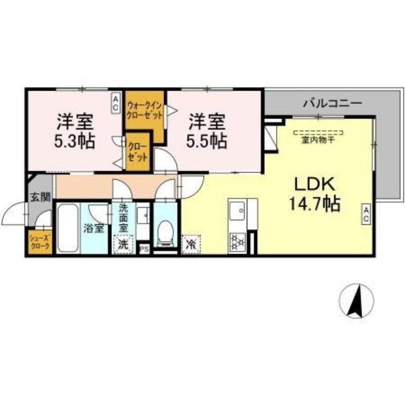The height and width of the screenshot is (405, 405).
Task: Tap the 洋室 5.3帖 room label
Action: point(74,131)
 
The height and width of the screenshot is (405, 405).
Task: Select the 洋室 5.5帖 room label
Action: point(207,131)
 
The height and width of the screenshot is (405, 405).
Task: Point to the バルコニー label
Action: point(333,104)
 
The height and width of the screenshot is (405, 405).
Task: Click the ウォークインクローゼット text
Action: point(145,110)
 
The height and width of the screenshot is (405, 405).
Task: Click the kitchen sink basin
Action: point(237,211)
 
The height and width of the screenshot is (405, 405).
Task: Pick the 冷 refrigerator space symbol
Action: point(191,244)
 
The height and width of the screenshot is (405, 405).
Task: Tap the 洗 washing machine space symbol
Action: point(123,244)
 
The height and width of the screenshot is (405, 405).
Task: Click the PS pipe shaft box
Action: point(144,249)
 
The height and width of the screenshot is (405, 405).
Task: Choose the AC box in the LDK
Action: point(366,214)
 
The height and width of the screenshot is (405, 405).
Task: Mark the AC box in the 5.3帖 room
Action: point(116,103)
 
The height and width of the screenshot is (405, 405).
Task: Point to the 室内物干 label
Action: point(318,141)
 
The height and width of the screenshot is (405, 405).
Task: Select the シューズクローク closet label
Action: point(40,242)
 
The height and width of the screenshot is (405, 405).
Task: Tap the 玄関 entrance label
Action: point(40,197)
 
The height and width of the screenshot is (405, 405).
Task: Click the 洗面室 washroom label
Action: point(123,218)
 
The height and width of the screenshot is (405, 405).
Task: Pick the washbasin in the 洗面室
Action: point(143,216)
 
